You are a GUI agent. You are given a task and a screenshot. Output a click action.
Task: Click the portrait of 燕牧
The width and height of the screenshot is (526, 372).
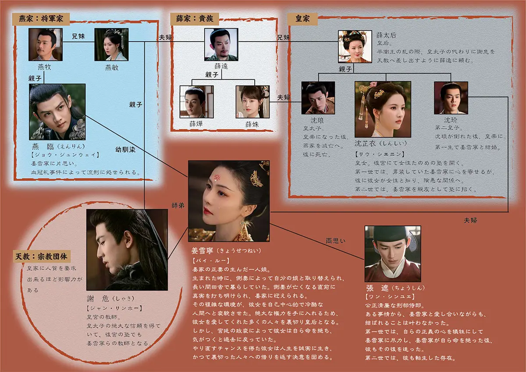coord(46,44)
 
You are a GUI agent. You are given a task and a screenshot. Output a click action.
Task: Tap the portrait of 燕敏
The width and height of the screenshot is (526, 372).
coord(111,44)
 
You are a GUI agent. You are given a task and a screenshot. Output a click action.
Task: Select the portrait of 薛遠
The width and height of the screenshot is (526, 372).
coord(221,44)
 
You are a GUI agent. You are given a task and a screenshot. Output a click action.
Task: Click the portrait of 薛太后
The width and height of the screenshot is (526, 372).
coord(355,46)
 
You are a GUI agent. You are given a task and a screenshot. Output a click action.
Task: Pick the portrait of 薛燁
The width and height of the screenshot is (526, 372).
coord(196,102)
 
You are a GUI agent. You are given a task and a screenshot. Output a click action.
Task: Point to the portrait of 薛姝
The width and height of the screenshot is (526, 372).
coord(252,102)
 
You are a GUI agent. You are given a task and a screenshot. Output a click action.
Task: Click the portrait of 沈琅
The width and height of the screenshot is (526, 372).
coord(318,97)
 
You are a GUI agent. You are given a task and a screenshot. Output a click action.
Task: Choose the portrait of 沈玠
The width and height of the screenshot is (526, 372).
coord(451,97)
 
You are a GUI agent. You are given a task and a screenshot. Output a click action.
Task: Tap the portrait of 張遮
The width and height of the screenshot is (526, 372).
coord(393,253)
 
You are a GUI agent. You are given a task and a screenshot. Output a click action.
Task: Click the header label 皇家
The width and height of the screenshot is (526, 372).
coord(302,18)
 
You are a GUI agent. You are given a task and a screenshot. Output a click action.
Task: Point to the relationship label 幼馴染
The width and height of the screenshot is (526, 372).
coord(125,149)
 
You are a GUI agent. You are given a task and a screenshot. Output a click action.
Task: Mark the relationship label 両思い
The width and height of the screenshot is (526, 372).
coord(335,240)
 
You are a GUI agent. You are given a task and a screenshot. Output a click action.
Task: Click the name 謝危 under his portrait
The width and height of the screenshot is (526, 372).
coord(99,299)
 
